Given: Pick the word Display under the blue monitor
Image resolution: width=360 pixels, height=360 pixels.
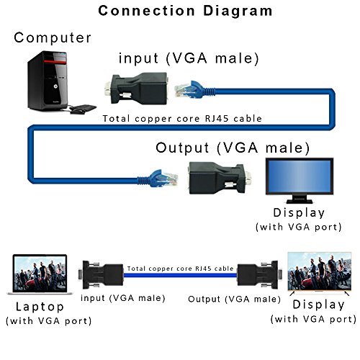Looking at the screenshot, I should click(x=299, y=213).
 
